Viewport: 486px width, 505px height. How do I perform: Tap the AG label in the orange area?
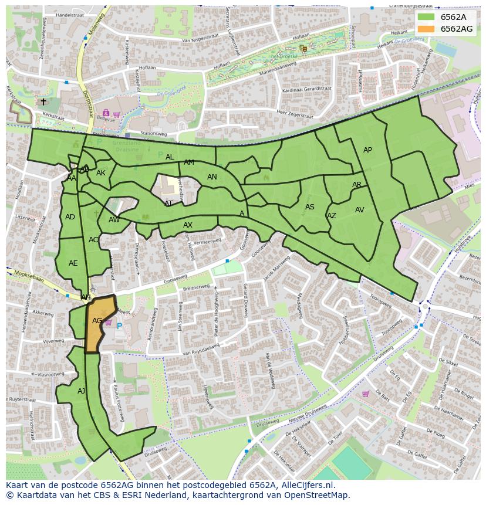tap(97, 321)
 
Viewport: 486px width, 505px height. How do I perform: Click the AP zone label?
tap(367, 150)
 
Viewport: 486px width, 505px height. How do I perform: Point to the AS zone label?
tap(310, 207)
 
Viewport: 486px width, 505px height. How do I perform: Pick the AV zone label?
tap(360, 210)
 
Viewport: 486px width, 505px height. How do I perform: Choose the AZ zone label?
tap(332, 216)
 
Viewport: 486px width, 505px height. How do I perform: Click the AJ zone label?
tap(81, 391)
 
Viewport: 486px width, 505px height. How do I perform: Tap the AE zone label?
tap(73, 263)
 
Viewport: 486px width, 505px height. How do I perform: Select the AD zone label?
tap(70, 217)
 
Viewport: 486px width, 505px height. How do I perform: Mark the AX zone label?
tap(188, 225)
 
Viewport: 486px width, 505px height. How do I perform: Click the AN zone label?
tap(212, 177)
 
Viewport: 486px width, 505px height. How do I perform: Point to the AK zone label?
tap(101, 173)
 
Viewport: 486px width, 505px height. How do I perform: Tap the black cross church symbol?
tap(43, 102)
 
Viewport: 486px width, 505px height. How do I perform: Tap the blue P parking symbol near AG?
tap(120, 326)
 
